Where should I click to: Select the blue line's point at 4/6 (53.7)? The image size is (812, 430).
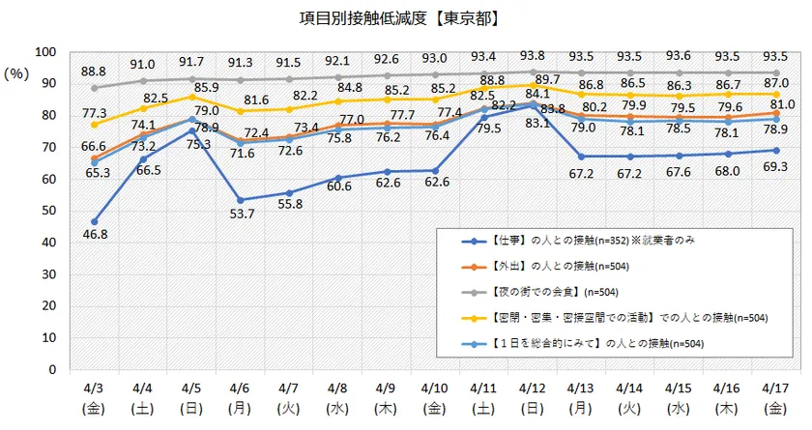[x=242, y=199]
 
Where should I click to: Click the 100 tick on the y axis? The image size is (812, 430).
[x=45, y=52]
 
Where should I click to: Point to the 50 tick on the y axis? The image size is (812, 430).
[x=49, y=211]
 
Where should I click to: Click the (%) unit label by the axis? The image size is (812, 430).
[x=16, y=73]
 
